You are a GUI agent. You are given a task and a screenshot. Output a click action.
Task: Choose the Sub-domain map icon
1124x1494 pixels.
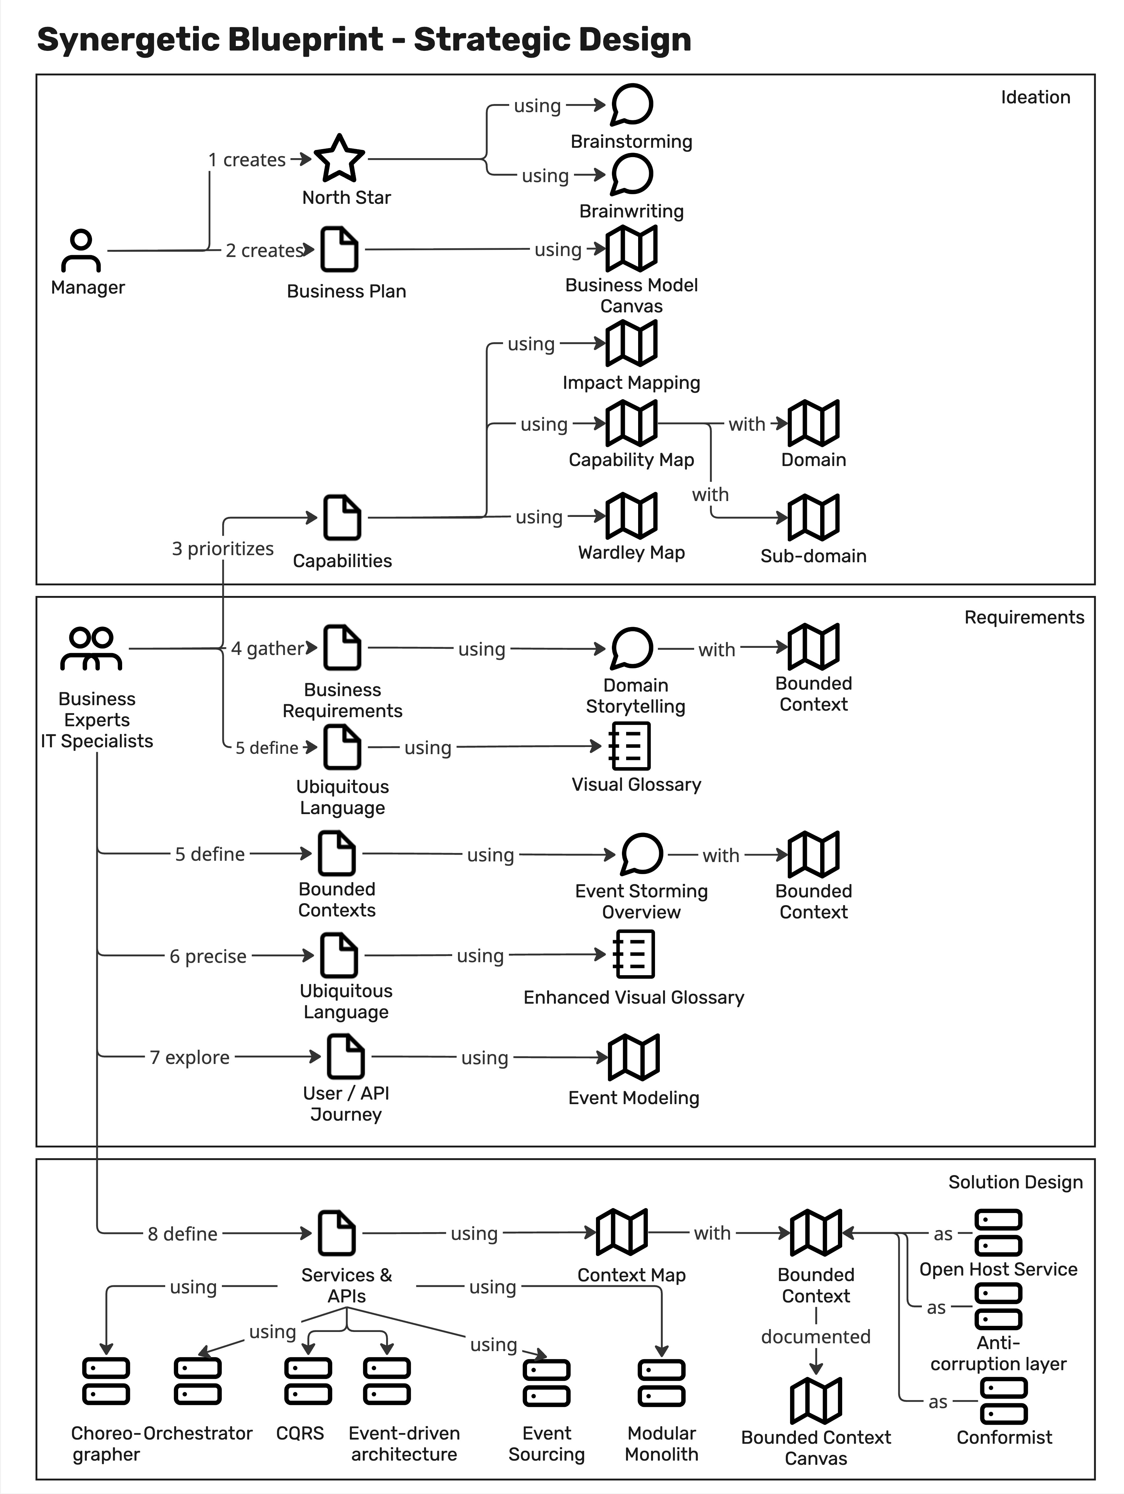pos(813,517)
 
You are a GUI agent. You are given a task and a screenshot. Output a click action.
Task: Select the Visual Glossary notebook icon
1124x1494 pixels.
pos(629,746)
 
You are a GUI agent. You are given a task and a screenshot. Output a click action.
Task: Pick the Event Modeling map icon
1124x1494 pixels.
pos(633,1057)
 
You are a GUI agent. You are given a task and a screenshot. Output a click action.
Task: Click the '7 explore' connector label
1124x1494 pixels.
pos(190,1057)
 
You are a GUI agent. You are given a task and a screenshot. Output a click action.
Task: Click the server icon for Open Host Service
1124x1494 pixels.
pos(998,1232)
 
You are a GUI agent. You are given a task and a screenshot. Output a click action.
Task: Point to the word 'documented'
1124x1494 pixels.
pos(816,1336)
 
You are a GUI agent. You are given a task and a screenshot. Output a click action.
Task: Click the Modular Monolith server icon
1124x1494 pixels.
pos(661,1383)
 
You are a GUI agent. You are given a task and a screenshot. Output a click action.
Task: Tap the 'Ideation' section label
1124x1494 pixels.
pos(1035,97)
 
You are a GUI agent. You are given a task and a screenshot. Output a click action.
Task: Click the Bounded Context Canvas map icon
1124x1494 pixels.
pos(816,1400)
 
